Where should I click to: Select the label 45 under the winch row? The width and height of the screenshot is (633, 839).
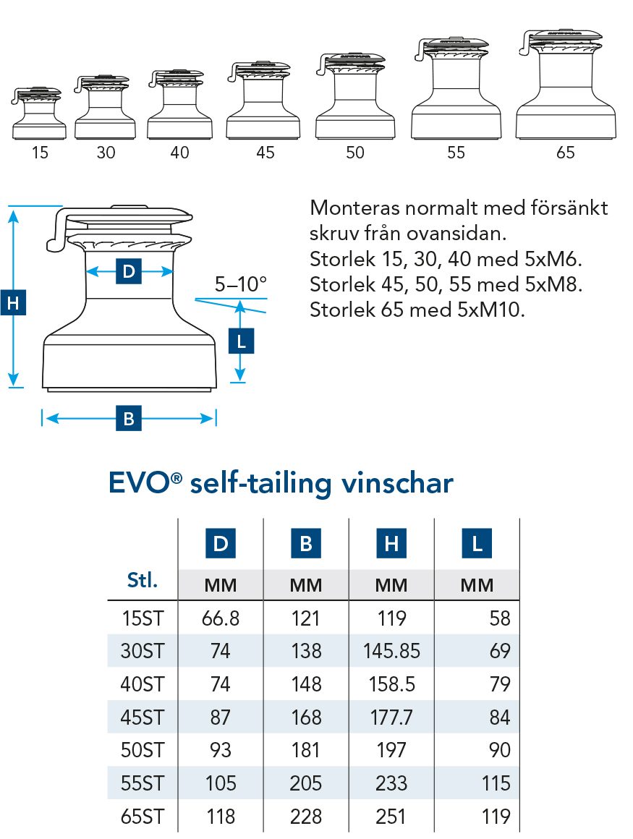point(265,153)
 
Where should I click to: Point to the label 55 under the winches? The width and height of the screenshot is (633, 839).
point(456,153)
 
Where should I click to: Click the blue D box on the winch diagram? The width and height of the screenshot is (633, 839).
point(129,271)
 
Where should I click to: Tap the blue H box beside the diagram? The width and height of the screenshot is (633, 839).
point(13,303)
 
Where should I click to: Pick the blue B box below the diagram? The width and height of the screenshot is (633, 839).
point(129,418)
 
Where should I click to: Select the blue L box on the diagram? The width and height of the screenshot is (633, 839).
point(241,341)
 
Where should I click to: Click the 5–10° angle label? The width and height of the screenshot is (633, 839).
point(240,284)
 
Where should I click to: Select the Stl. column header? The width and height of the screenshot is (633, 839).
point(143,579)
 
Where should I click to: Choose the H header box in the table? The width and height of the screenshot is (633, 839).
point(391,544)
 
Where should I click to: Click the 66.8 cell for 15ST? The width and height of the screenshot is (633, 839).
point(221,618)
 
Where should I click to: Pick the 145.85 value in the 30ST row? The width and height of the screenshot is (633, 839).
point(391,651)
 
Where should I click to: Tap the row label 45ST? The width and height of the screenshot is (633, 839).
point(142,717)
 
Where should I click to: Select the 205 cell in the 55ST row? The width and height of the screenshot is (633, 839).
point(305,784)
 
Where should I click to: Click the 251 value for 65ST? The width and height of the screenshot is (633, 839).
point(391,817)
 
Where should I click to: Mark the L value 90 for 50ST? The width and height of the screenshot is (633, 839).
point(499,751)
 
